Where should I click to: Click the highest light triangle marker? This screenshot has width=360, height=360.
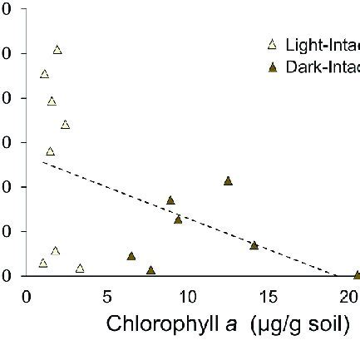57,50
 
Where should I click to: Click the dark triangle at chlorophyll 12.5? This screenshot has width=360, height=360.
228,180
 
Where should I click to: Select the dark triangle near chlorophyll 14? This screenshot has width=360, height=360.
254,245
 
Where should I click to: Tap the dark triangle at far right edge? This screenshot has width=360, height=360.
357,274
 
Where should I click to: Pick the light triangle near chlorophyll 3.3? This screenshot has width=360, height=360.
80,268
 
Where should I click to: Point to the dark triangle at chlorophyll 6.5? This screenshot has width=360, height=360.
131,256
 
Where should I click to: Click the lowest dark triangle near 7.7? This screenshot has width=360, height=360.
150,270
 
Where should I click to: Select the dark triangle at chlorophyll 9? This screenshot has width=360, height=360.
170,200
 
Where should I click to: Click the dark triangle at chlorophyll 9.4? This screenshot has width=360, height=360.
178,219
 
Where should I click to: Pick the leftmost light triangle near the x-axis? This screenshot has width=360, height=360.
43,263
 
